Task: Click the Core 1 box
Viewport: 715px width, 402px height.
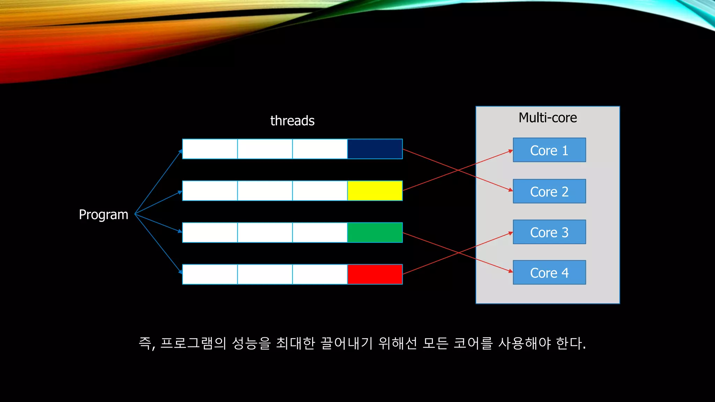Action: point(549,150)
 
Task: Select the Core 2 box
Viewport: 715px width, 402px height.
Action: point(549,191)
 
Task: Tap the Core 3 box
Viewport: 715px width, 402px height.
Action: point(549,232)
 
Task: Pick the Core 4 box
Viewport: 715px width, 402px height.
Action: point(549,273)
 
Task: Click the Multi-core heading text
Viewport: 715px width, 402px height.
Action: point(547,118)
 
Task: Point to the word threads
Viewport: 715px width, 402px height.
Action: point(292,121)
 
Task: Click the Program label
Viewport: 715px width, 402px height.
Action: point(103,215)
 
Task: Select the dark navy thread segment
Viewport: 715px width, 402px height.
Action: point(375,149)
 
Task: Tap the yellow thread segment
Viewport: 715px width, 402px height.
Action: point(375,191)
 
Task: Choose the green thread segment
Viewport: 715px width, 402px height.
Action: point(375,232)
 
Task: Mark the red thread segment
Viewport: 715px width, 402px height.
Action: point(375,274)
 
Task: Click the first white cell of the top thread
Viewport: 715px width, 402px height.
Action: point(210,149)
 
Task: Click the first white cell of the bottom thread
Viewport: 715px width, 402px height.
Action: point(210,274)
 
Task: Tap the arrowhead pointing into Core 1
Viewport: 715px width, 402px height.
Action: point(511,151)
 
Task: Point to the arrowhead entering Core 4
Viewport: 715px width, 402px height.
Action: point(511,271)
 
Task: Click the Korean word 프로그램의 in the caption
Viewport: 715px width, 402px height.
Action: point(193,343)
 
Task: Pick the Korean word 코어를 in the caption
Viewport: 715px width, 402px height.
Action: point(473,343)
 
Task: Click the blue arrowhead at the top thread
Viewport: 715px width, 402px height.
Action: point(180,151)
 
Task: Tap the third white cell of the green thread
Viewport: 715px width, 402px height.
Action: point(320,232)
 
